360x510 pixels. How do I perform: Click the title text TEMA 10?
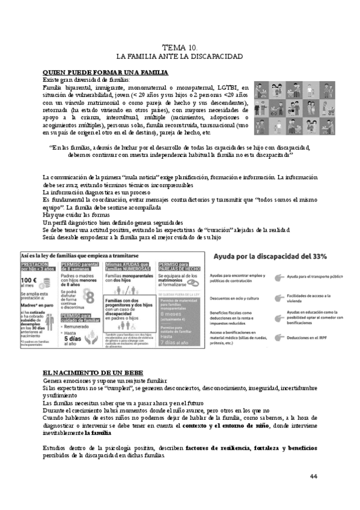[180, 47]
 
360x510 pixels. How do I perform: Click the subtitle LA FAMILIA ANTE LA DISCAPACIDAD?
[180, 57]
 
